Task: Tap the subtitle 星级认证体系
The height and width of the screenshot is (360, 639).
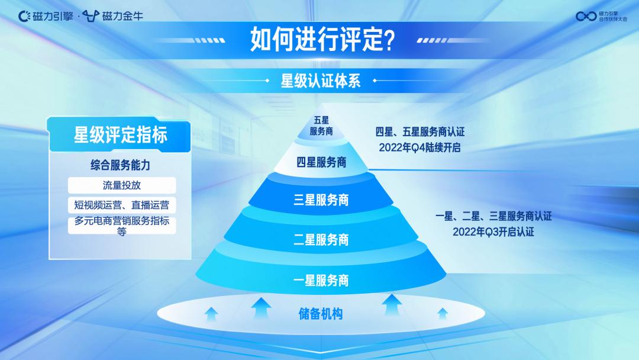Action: [320, 81]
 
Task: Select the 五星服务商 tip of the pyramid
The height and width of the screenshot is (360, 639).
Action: [321, 127]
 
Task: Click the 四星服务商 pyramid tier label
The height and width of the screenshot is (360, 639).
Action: [321, 162]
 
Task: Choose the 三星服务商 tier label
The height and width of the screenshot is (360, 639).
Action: [321, 200]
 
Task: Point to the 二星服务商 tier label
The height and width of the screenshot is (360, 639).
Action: [321, 240]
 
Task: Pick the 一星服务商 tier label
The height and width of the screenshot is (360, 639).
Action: [321, 280]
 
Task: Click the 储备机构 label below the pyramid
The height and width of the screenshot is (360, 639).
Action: [321, 313]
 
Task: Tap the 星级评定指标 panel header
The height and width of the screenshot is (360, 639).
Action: [120, 135]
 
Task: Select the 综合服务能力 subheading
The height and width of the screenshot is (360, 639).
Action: [120, 166]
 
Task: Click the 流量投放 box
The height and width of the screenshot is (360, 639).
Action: [122, 185]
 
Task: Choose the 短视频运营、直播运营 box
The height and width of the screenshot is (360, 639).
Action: [122, 205]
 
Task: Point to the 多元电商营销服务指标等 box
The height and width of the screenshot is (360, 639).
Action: [122, 226]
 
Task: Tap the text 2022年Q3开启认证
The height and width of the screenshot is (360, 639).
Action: [493, 232]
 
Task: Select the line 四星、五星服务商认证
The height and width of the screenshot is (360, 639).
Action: [420, 132]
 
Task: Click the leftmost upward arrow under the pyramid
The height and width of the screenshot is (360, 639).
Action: [211, 314]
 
